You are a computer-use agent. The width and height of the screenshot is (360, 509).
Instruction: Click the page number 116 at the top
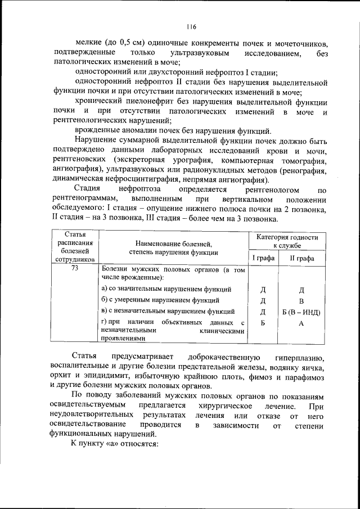(x=191, y=26)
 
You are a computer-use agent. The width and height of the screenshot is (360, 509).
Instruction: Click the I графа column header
(x=263, y=258)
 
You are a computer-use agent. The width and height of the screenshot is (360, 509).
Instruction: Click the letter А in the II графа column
(x=301, y=323)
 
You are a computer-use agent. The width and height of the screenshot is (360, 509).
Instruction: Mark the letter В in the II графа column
(x=301, y=301)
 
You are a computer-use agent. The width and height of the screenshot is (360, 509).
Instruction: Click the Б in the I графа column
(x=263, y=323)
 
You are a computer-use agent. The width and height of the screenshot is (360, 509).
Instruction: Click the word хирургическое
(x=226, y=406)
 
